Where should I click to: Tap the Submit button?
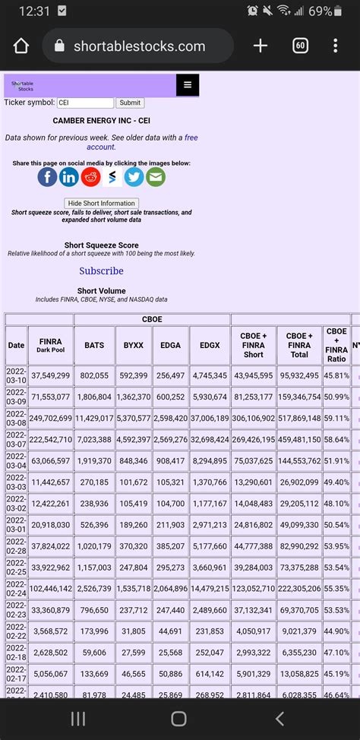point(130,103)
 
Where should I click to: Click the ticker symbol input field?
point(85,103)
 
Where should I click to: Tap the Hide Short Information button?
point(102,203)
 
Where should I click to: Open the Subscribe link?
point(101,270)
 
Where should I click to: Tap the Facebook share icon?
point(47,177)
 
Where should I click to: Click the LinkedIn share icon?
point(69,177)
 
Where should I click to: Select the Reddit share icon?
point(90,177)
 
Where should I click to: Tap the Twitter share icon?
point(134,177)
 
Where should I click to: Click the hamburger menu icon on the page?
point(187,85)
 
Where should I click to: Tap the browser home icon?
point(21,46)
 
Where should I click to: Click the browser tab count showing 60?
point(300,46)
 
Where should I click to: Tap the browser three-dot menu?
point(335,46)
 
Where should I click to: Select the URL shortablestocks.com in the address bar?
point(139,46)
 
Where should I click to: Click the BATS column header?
point(94,345)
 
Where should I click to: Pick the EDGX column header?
point(209,345)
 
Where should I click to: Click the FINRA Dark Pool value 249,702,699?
point(50,418)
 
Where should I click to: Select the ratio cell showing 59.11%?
point(336,418)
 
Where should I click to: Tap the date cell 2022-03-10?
point(16,375)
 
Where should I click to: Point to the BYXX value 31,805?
point(133,631)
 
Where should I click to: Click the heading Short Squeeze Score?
point(101,245)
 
